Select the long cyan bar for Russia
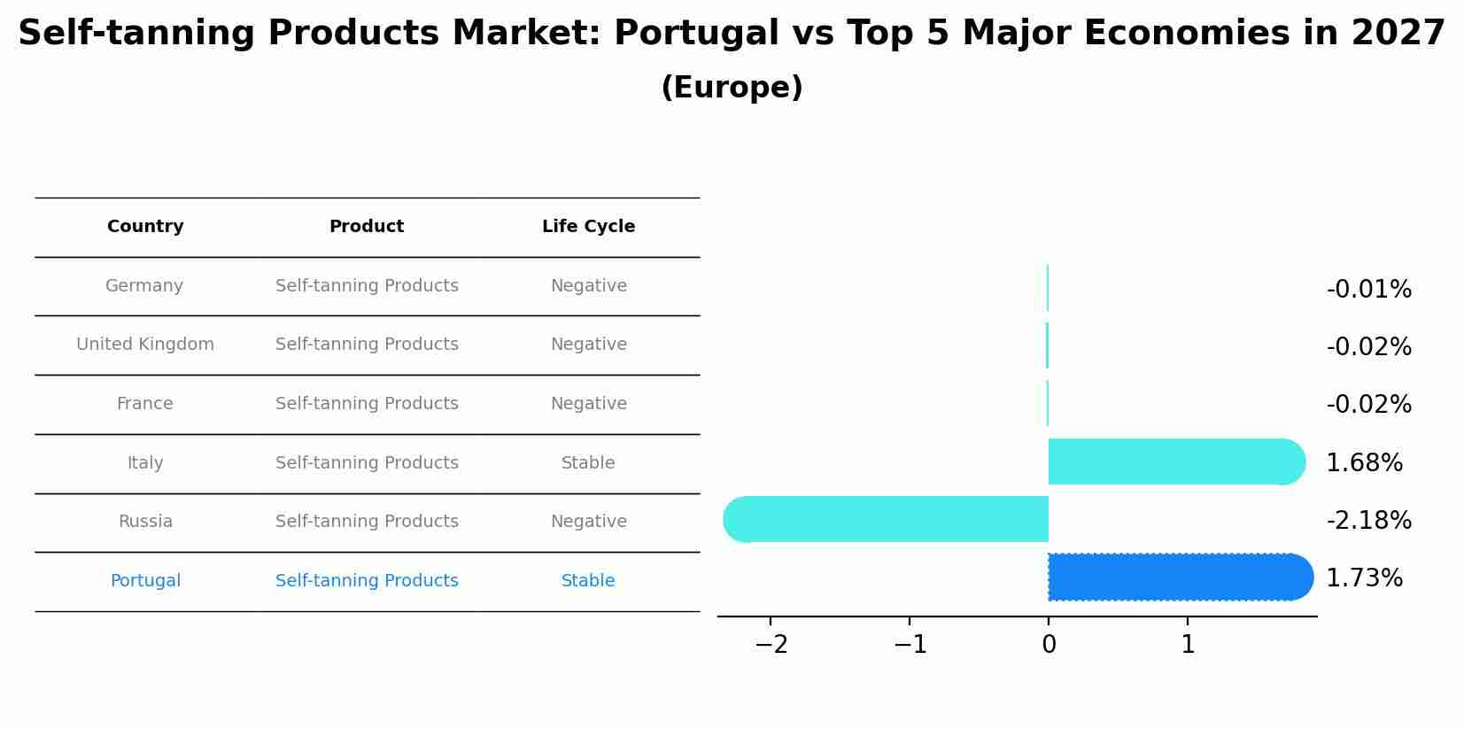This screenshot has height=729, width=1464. click(886, 519)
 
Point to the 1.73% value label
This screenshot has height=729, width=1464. click(1364, 578)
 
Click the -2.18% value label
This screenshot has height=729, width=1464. click(1368, 521)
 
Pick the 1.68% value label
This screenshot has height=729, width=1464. click(1364, 463)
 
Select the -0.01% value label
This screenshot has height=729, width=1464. click(1368, 290)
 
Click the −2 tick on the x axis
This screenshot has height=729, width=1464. click(771, 645)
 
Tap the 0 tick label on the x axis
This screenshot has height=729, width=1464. click(1049, 645)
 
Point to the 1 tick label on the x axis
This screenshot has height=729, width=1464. click(1188, 645)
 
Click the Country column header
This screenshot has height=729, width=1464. click(145, 227)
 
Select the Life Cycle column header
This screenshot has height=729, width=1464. click(588, 227)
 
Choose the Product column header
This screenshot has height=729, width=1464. click(367, 227)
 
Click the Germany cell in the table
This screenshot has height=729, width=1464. click(144, 286)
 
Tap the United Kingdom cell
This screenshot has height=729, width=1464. click(145, 345)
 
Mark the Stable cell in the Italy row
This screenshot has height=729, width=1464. click(588, 463)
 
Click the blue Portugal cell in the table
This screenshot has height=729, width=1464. click(145, 581)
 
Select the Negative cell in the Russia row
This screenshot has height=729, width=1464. click(588, 522)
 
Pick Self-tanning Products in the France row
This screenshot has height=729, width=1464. click(367, 404)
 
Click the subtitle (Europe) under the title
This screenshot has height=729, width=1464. click(732, 88)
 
